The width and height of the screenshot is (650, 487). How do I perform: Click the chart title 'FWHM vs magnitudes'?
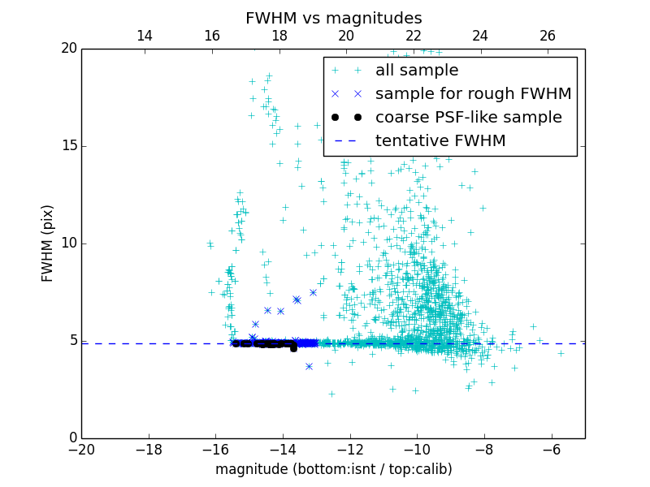point(333,18)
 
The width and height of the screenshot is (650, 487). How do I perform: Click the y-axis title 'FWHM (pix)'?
point(48,243)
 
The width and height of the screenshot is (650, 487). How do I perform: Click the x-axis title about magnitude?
point(333,469)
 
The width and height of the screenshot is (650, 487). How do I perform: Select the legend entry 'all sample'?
point(417,71)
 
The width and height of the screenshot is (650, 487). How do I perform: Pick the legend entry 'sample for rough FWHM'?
point(473,94)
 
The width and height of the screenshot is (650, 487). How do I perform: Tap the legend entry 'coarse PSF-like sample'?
point(468,118)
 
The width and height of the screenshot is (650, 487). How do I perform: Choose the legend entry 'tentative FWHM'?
point(440,141)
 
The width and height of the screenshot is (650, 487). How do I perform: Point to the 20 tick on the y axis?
point(68,49)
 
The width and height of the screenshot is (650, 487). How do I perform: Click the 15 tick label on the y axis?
point(68,146)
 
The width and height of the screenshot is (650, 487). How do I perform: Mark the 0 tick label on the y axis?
point(71,438)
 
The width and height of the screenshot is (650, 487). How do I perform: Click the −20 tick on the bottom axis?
point(81,449)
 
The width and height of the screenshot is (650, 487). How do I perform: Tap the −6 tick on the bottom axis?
point(551,449)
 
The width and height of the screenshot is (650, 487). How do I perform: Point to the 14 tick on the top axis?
point(145,36)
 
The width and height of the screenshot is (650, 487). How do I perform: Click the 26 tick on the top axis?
point(548,36)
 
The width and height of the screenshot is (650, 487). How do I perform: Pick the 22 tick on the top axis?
point(414,36)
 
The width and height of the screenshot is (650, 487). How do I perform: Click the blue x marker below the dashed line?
point(309,366)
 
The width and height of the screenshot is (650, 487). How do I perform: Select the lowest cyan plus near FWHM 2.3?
point(331,394)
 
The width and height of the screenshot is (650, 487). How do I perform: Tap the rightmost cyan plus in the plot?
point(561,353)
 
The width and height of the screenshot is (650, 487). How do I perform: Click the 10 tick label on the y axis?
point(68,243)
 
